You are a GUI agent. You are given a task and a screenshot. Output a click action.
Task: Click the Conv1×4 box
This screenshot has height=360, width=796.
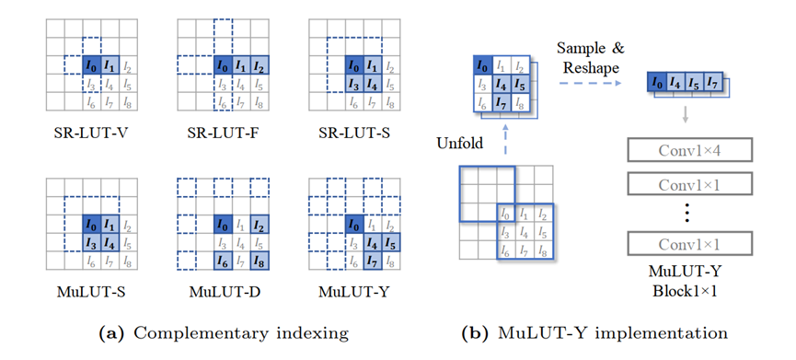pyautogui.click(x=690, y=150)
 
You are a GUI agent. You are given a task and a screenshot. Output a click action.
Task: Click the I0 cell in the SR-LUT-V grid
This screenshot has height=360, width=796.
pyautogui.click(x=90, y=66)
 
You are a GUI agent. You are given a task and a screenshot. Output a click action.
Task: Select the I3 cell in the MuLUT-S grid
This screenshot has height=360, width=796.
pyautogui.click(x=90, y=244)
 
